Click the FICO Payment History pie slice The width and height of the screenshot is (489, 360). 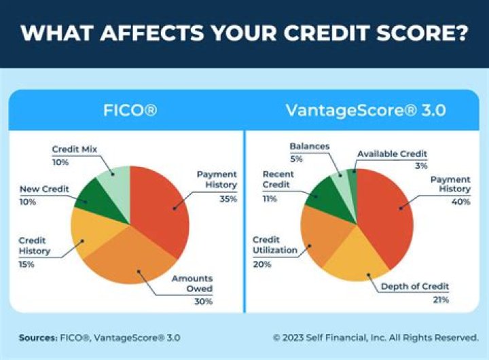(x=160, y=204)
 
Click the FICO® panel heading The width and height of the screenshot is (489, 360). (x=129, y=109)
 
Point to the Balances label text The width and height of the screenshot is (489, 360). (x=309, y=146)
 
